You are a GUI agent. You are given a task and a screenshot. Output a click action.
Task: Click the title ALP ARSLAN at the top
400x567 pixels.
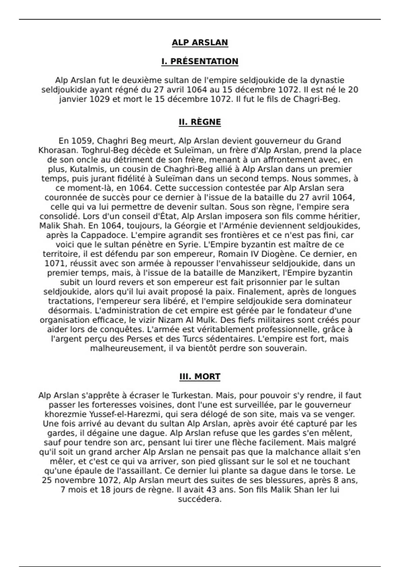tap(200, 43)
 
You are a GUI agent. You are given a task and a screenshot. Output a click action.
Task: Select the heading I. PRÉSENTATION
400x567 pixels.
tap(200, 61)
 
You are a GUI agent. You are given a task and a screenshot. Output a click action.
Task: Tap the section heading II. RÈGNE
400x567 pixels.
tap(200, 122)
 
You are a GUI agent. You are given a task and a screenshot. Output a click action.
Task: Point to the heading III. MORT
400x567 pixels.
tap(200, 377)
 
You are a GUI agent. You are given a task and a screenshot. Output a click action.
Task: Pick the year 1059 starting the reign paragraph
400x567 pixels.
tap(82, 141)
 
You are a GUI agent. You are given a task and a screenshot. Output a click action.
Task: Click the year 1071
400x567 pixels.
tap(55, 263)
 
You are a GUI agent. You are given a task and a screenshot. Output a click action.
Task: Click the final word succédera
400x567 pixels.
tap(200, 500)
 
